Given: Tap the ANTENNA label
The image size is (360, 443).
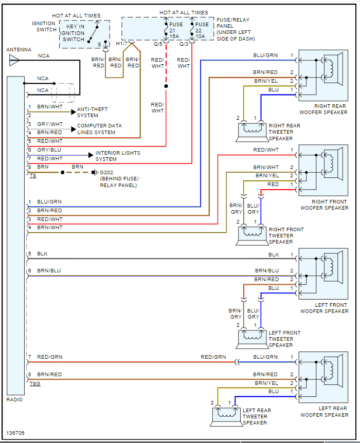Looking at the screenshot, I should pyautogui.click(x=19, y=50).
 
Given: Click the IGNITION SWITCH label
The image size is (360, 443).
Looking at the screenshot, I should pyautogui.click(x=44, y=26).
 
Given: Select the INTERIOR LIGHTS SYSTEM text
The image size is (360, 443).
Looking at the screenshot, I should pyautogui.click(x=117, y=156).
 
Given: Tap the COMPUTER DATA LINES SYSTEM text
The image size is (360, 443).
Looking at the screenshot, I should pyautogui.click(x=99, y=129).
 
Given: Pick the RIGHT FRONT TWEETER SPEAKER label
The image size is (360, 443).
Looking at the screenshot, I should pyautogui.click(x=286, y=235).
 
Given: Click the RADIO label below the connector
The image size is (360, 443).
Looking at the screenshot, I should pyautogui.click(x=14, y=399).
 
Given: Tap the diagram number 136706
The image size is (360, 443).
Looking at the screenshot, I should pyautogui.click(x=16, y=433).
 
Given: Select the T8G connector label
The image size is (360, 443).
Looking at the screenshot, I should pyautogui.click(x=34, y=383).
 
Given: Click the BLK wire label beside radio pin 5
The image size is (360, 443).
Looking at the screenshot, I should pyautogui.click(x=43, y=254).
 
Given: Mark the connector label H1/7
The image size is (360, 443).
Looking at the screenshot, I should pyautogui.click(x=121, y=44).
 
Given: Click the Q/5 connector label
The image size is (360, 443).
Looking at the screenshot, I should pyautogui.click(x=157, y=44).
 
